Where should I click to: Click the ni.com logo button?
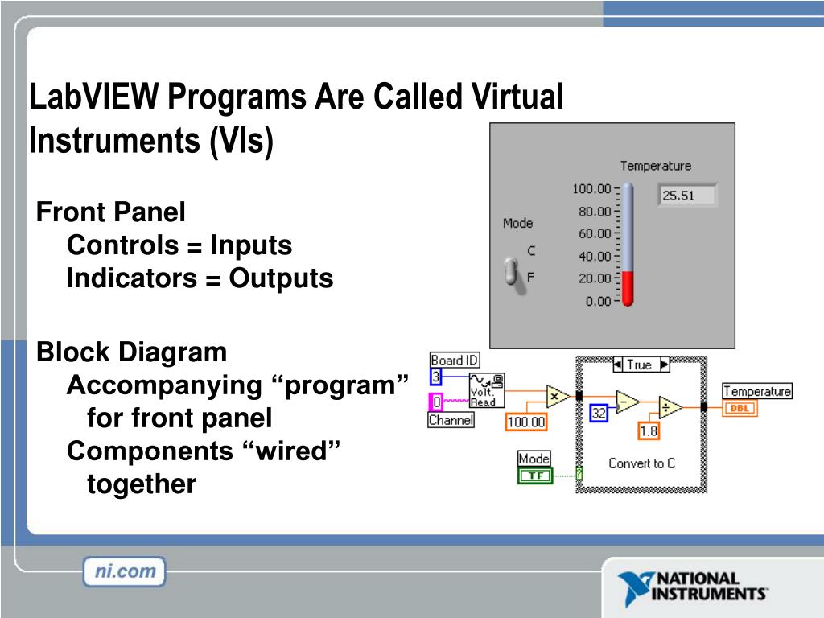[x=124, y=572]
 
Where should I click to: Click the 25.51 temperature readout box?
[x=687, y=196]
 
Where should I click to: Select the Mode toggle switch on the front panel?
[x=510, y=271]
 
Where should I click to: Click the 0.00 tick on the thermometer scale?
[x=598, y=301]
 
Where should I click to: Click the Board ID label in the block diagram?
[x=454, y=360]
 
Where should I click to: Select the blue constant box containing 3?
[x=436, y=377]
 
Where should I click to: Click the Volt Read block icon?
[x=487, y=390]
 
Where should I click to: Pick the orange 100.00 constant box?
[x=526, y=422]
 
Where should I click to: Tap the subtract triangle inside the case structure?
[x=626, y=402]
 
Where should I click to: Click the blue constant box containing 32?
[x=599, y=413]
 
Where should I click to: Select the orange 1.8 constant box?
[x=649, y=431]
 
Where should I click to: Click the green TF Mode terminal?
[x=534, y=476]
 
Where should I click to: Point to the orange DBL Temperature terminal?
[x=740, y=408]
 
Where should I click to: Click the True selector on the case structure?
[x=640, y=365]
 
